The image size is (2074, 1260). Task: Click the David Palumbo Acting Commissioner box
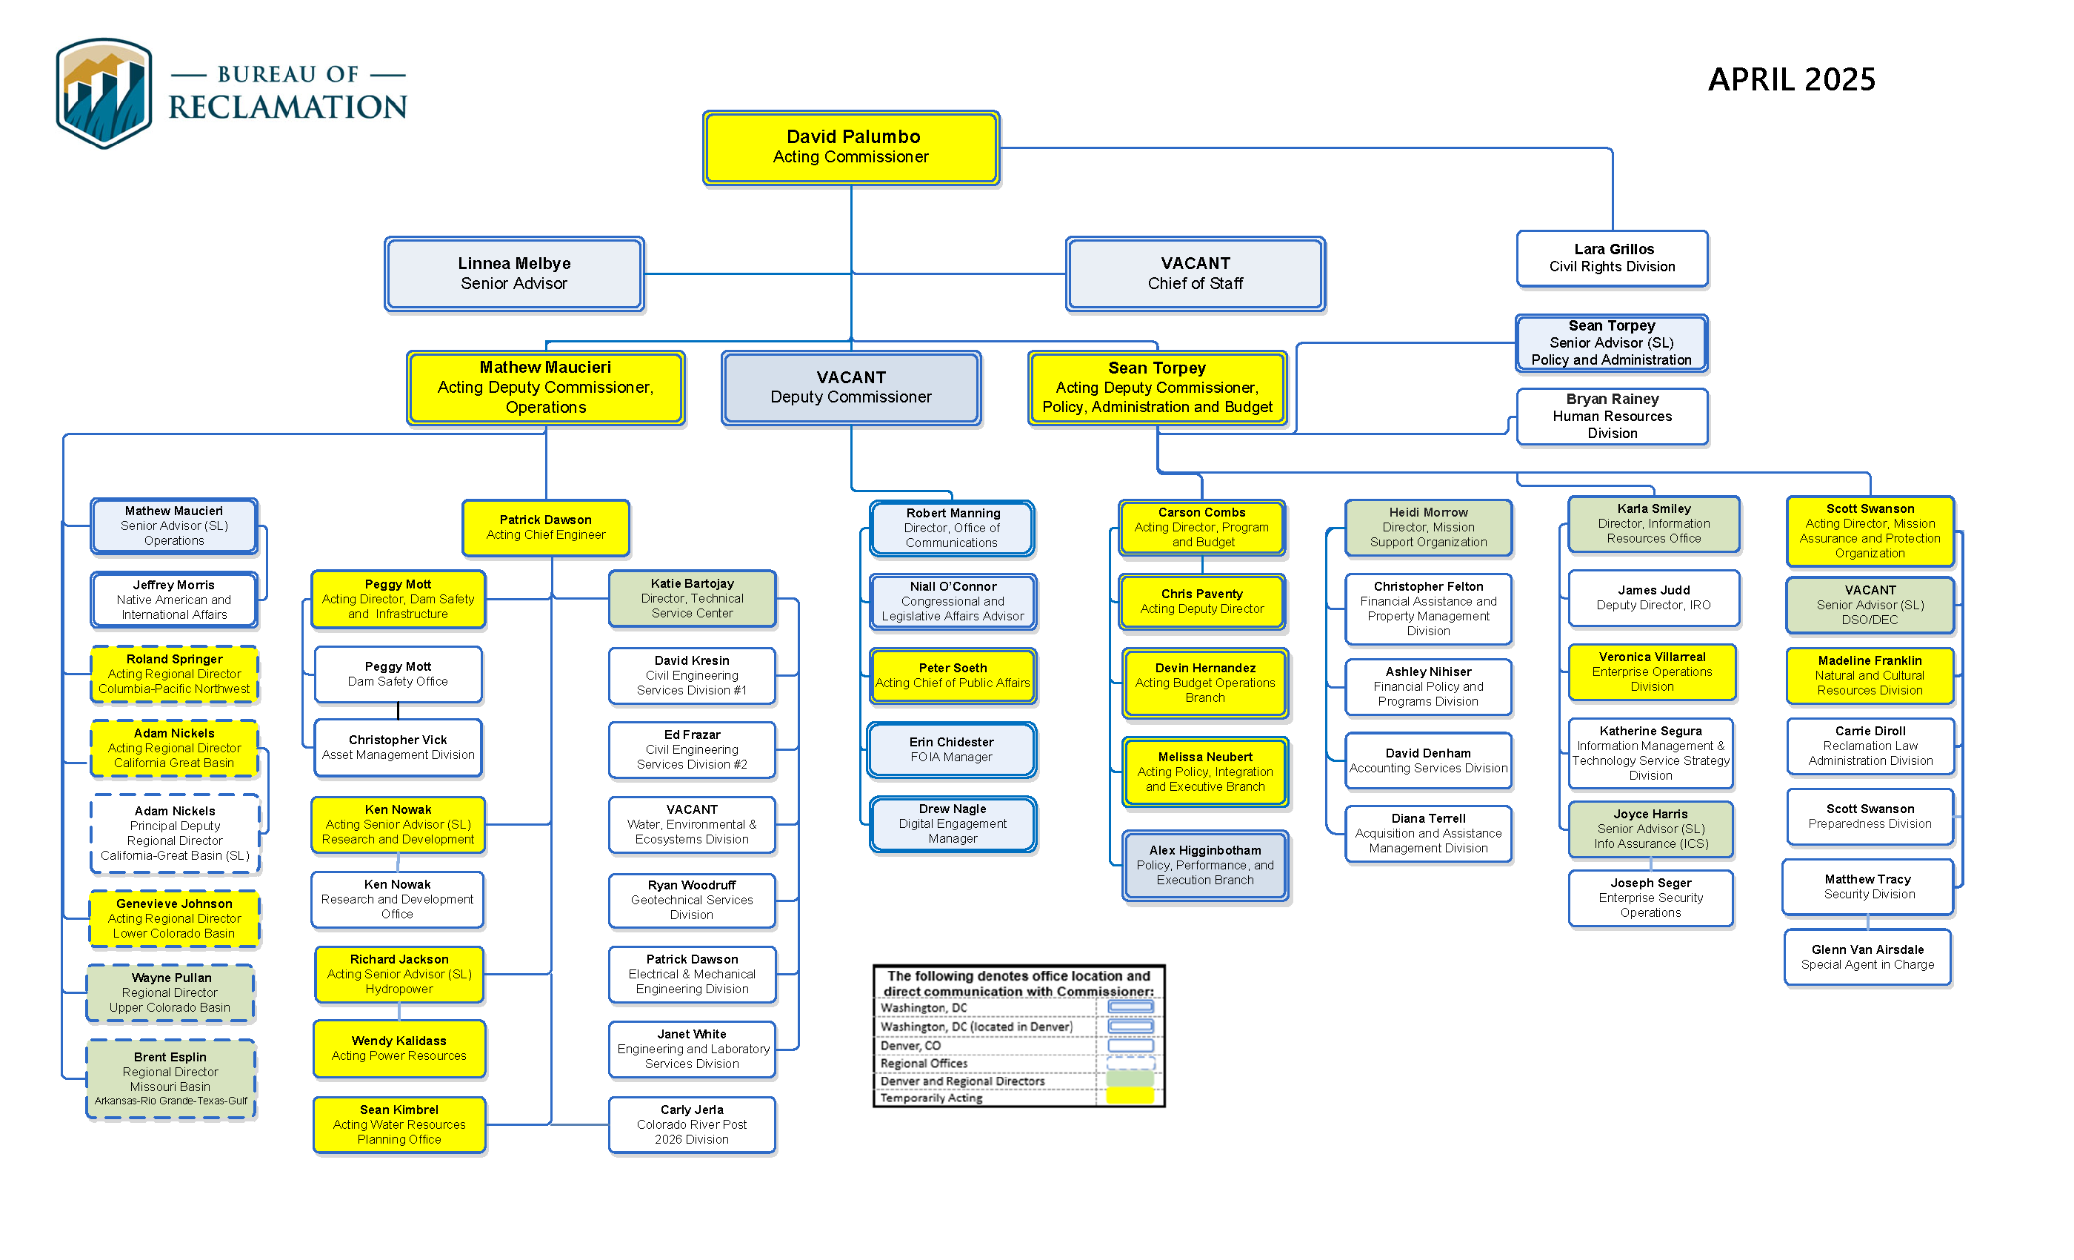coord(851,147)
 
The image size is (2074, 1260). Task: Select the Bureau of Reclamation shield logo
coord(104,93)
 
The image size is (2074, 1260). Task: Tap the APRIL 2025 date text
coord(1791,79)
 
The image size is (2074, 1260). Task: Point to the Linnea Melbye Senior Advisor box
coord(513,273)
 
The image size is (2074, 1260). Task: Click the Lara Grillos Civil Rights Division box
coord(1612,258)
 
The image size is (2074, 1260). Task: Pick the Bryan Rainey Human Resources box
coord(1612,416)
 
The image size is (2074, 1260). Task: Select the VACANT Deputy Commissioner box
coord(850,388)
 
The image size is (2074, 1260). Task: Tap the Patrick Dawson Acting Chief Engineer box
coord(545,527)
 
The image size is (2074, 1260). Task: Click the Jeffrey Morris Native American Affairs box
coord(174,600)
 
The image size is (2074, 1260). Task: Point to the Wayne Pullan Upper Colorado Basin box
coord(170,992)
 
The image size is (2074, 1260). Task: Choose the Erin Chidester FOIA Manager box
coord(951,749)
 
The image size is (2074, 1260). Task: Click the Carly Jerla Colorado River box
coord(691,1124)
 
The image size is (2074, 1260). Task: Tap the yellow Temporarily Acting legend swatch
coord(1130,1097)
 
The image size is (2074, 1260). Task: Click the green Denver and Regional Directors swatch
coord(1130,1079)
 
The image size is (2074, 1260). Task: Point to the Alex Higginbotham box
coord(1204,865)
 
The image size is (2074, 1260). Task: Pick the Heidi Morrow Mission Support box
coord(1427,527)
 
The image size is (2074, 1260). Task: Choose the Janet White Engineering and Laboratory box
coord(691,1049)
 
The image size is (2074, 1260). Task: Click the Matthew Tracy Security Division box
coord(1868,887)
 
